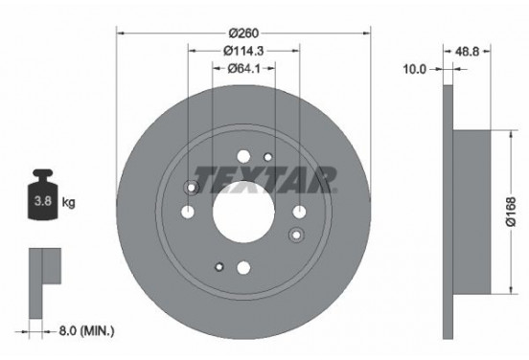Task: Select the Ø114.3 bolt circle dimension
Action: pos(242,50)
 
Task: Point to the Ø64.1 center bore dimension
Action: pos(242,68)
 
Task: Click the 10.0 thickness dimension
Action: pos(415,69)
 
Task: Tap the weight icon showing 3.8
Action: pos(43,201)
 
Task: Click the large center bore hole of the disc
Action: pos(242,208)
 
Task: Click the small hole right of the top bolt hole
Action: pos(268,157)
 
